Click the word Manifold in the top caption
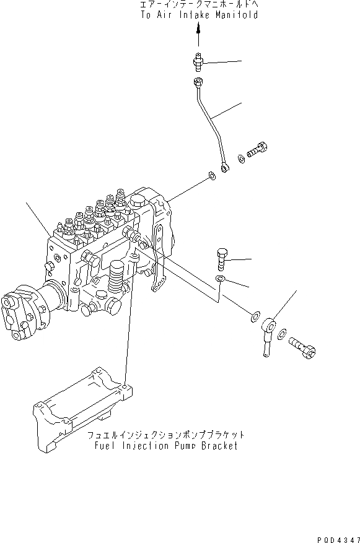tap(236, 15)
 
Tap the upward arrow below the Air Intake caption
tap(198, 37)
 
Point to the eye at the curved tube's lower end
tap(226, 167)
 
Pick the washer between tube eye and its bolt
tap(241, 159)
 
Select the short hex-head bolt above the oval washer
tap(224, 254)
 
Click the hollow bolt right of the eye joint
tap(304, 347)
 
